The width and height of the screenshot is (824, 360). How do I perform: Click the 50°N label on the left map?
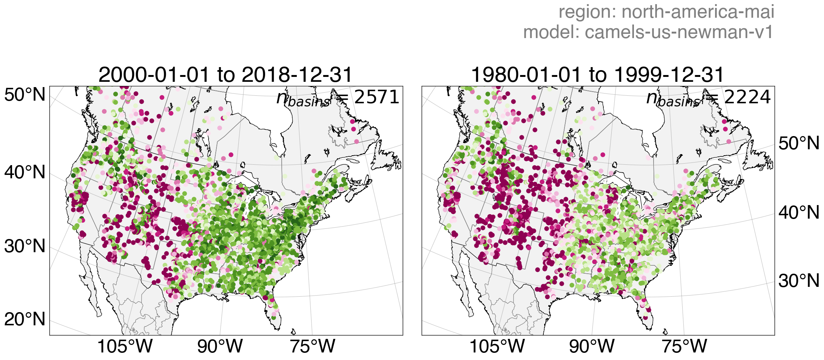pos(25,95)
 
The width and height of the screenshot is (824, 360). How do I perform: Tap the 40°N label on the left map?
pos(25,173)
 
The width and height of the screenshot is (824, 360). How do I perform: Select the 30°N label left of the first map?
pos(25,247)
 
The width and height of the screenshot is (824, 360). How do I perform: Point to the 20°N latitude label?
pos(25,319)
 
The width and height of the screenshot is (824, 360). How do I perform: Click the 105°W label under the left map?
pos(125,346)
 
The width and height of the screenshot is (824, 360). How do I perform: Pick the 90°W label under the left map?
pos(220,346)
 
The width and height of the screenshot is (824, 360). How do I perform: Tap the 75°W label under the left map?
pos(312,346)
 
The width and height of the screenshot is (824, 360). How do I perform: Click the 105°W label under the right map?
pos(497,346)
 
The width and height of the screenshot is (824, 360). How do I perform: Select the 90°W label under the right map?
pos(592,346)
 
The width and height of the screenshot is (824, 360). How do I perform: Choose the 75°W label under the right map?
pos(684,346)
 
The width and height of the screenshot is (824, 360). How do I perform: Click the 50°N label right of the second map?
pos(799,144)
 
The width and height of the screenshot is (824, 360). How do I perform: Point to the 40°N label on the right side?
pos(799,213)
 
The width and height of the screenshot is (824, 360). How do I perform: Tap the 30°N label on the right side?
pos(799,281)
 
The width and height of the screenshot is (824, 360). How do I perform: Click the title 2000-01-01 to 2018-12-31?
pos(226,75)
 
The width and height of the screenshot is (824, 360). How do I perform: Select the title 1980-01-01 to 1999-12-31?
pos(598,75)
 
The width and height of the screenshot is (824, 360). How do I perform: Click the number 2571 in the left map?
pos(377,97)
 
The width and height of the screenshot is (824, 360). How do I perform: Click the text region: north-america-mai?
pos(666,12)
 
